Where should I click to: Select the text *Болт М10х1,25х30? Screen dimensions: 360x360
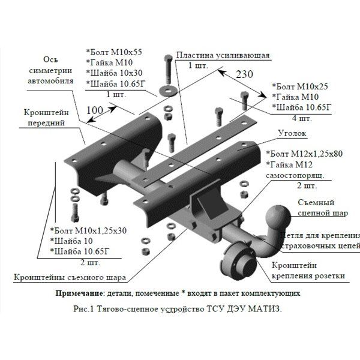[89, 232]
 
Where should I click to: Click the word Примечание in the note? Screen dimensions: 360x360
[77, 294]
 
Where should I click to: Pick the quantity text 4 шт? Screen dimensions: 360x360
[298, 118]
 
